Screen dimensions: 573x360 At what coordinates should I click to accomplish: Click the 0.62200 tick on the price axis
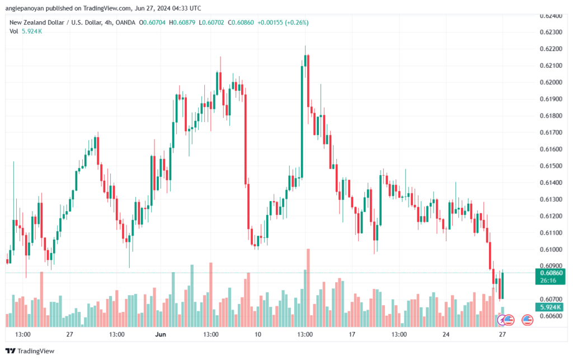[551, 49]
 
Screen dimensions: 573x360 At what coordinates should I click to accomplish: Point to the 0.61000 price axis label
[551, 250]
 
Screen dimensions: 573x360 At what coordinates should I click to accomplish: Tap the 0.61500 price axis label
[551, 166]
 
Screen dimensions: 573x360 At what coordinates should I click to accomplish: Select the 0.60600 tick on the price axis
[551, 316]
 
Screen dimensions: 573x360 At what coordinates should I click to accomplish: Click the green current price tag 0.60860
[550, 273]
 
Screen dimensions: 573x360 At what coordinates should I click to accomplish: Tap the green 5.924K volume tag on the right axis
[550, 307]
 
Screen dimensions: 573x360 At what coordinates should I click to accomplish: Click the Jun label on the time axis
[161, 334]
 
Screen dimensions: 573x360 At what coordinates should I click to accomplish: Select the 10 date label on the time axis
[257, 334]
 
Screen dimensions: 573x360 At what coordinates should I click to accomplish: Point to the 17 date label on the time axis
[351, 334]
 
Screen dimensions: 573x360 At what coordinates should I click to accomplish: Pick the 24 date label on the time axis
[446, 334]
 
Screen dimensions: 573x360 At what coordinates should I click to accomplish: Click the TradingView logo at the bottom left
[30, 351]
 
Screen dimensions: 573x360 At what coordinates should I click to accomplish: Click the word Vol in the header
[14, 31]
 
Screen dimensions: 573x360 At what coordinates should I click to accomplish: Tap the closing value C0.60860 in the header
[241, 22]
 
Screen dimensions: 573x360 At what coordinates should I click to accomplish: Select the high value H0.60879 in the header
[182, 22]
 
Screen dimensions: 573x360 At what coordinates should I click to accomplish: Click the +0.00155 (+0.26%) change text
[283, 22]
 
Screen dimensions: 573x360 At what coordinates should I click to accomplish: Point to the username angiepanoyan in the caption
[25, 8]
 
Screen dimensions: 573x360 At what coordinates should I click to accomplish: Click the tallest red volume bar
[308, 288]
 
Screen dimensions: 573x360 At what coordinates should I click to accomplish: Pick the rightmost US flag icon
[527, 320]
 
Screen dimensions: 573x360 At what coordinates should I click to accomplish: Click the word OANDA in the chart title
[125, 22]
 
